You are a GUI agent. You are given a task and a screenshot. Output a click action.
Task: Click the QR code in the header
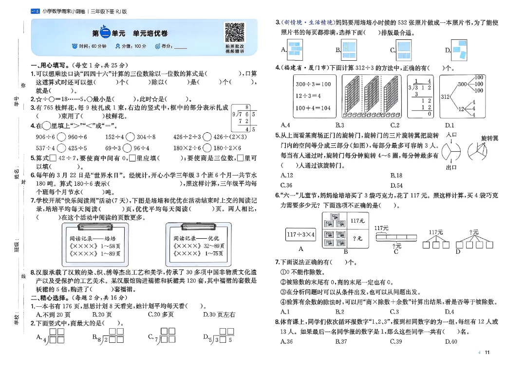click(x=234, y=32)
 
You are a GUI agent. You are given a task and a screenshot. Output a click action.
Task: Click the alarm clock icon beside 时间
click(x=75, y=46)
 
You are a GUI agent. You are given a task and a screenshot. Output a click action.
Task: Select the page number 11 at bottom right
click(x=487, y=353)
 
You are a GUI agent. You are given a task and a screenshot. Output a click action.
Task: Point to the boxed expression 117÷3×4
click(x=301, y=234)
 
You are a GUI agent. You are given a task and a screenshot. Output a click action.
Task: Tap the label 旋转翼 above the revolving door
click(x=489, y=139)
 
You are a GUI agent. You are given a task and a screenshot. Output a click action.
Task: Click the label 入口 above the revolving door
click(x=451, y=135)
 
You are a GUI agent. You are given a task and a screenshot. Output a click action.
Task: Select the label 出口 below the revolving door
click(x=451, y=167)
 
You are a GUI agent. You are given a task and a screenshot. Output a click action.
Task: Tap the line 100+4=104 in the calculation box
click(x=312, y=108)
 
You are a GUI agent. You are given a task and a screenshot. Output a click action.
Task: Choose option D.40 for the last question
click(x=451, y=341)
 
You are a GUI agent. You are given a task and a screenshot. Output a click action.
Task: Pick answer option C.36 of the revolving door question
click(x=287, y=185)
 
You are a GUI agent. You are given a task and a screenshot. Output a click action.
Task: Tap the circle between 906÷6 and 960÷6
click(x=61, y=137)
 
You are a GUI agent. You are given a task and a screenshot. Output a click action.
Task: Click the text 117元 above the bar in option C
click(x=381, y=228)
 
